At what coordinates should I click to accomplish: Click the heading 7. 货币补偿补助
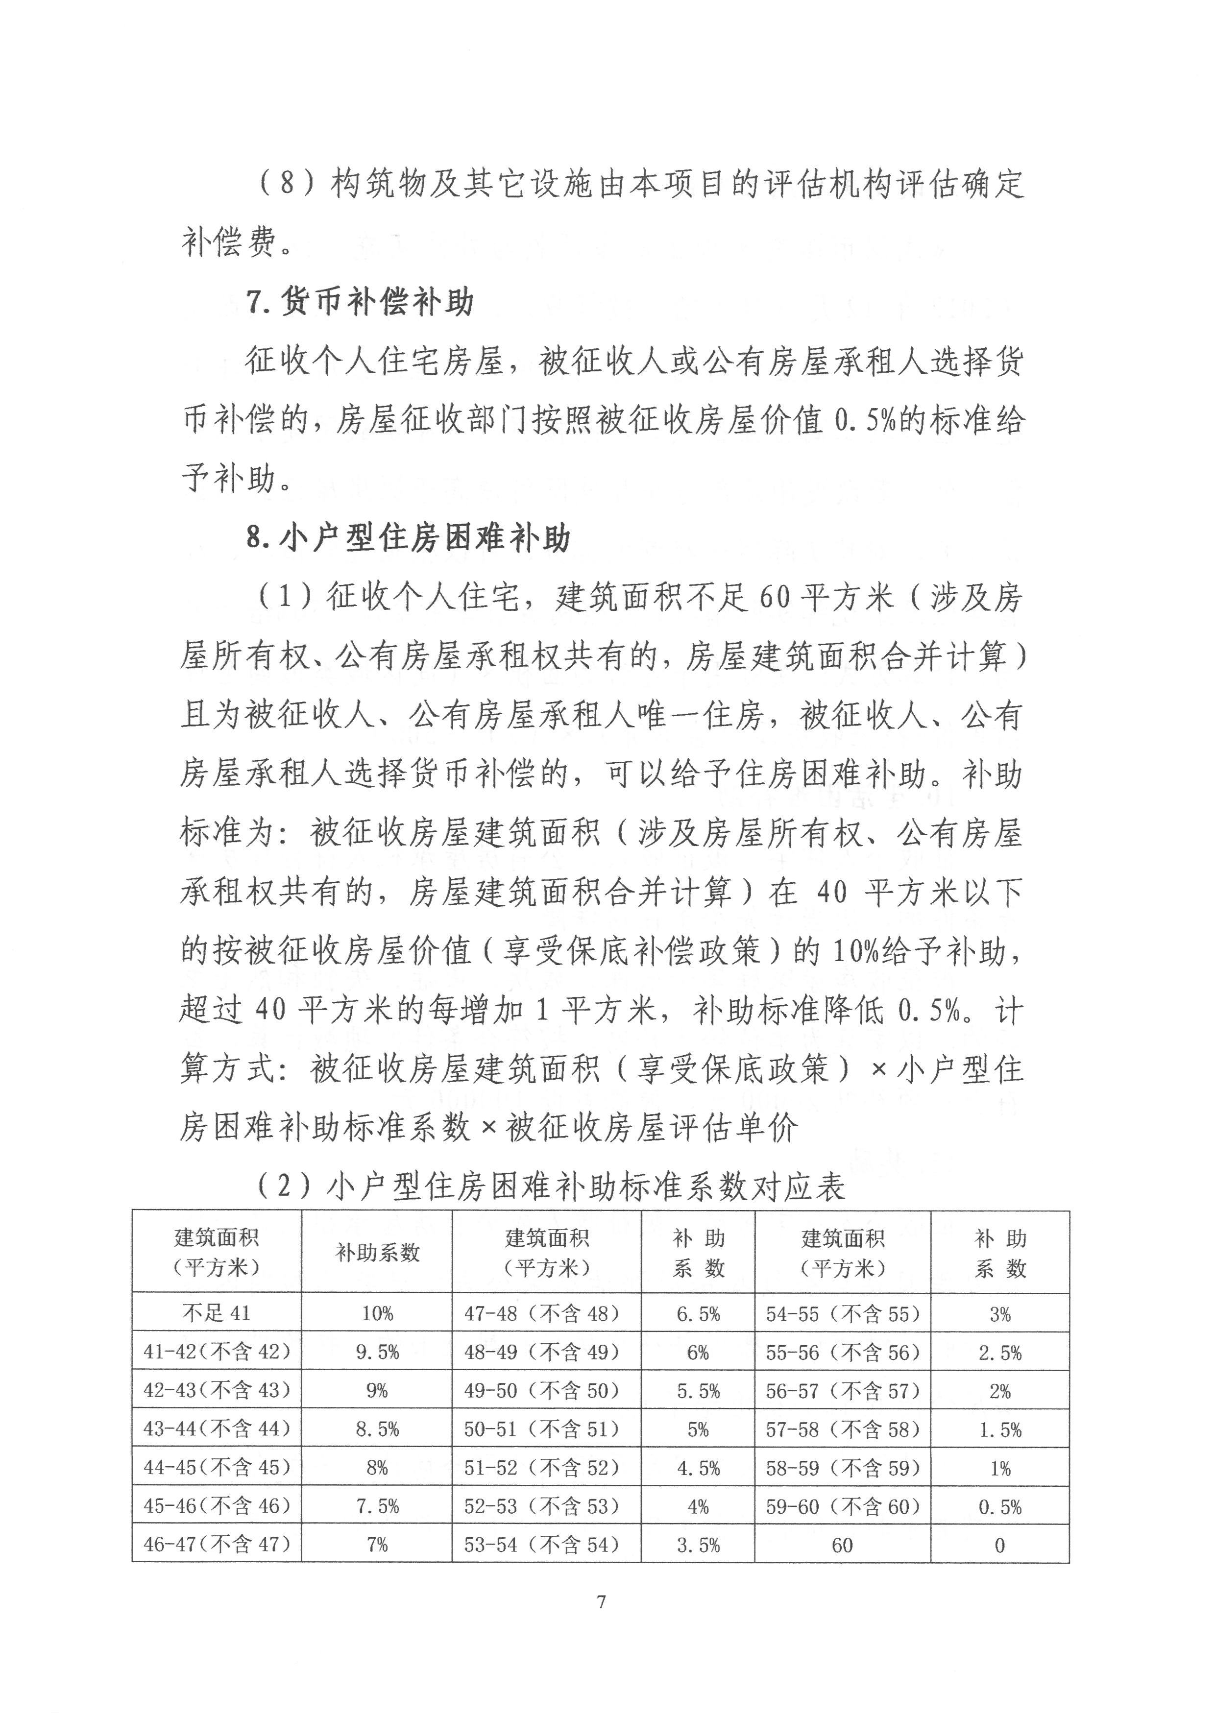[360, 302]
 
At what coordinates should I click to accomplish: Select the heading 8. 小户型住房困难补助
[409, 538]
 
